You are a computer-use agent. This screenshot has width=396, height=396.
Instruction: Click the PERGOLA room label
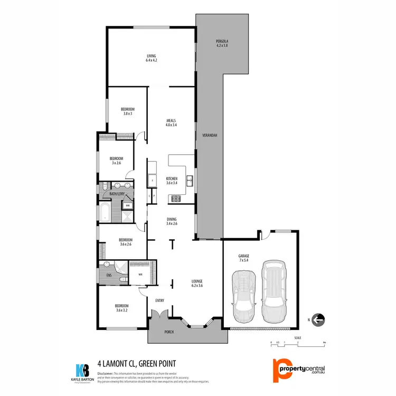222,43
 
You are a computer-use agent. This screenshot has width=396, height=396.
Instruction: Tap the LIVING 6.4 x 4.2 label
152,58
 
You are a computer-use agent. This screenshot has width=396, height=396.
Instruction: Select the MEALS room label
171,122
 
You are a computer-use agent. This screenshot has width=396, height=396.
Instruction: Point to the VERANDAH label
210,136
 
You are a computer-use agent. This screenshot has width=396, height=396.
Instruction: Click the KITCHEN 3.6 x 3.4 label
172,181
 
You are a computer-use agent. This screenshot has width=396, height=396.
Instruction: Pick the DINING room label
172,221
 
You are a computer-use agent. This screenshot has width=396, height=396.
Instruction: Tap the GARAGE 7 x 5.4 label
243,258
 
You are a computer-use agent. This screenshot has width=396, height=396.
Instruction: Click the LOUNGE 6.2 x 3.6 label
197,283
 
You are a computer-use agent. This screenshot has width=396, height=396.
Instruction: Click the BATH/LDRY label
116,194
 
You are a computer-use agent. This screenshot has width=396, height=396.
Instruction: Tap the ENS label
109,275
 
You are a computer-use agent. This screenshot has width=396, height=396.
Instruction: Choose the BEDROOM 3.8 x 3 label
127,111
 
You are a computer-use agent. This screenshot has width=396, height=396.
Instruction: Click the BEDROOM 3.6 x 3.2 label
122,308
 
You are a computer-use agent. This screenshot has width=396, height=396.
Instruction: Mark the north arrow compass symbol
318,319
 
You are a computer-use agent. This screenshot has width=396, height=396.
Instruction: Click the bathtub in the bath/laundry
105,213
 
